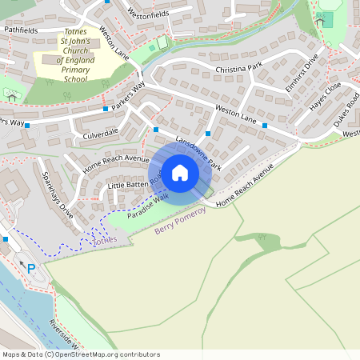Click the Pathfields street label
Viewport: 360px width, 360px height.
(21, 30)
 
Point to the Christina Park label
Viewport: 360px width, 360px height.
(238, 70)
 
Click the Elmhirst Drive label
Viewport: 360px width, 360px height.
(305, 68)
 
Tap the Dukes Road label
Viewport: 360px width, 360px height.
(346, 107)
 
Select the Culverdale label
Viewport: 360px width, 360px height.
(100, 131)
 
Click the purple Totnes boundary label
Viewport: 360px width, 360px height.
(104, 240)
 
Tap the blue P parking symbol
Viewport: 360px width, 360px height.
(31, 269)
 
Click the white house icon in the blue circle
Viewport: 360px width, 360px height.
(180, 172)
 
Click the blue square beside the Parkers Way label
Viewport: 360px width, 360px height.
(105, 107)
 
